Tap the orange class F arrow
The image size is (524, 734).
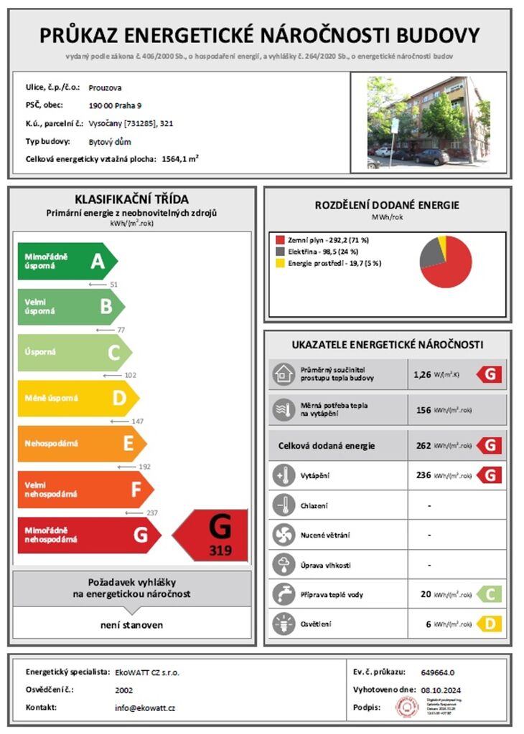point(85,490)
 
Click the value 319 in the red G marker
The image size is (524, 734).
point(220,551)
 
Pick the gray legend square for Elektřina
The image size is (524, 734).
point(281,252)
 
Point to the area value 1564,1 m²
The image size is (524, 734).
point(180,158)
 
